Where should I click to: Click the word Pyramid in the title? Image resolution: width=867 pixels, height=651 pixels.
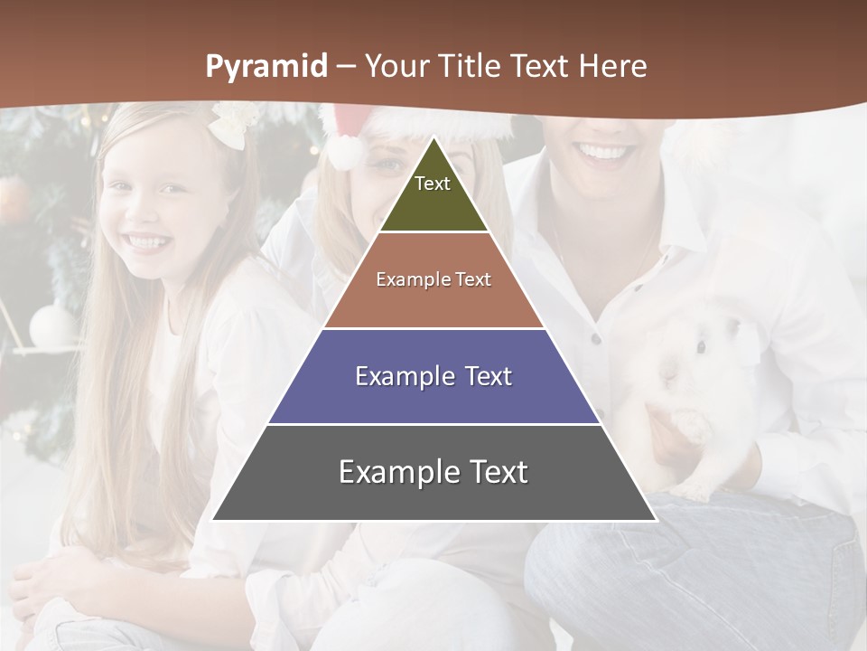[x=266, y=67]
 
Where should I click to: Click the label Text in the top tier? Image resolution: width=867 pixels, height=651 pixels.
[x=432, y=184]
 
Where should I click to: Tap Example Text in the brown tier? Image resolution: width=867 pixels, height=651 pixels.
[x=433, y=279]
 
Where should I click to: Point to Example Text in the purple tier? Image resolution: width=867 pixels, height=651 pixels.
[x=433, y=376]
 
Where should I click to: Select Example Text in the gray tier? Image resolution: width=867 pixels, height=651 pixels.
[x=433, y=472]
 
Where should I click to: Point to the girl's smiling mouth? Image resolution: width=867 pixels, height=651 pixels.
[x=146, y=242]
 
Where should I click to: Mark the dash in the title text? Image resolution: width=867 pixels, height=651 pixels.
[x=346, y=68]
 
